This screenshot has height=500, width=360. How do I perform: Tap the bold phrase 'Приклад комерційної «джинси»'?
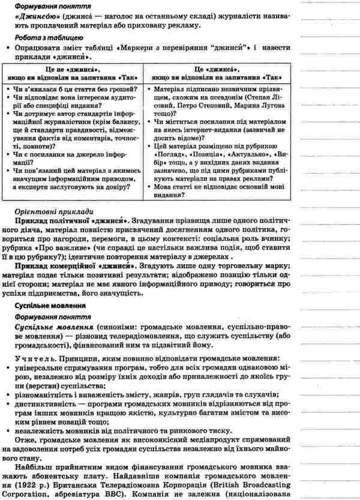[x=74, y=264]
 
